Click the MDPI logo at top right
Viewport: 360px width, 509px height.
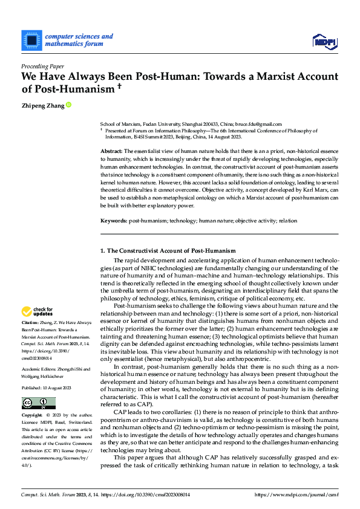pyautogui.click(x=324, y=41)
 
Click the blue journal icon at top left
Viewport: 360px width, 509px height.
pyautogui.click(x=31, y=40)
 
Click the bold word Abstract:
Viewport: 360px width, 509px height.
pyautogui.click(x=111, y=150)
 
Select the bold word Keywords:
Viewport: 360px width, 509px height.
pyautogui.click(x=114, y=204)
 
